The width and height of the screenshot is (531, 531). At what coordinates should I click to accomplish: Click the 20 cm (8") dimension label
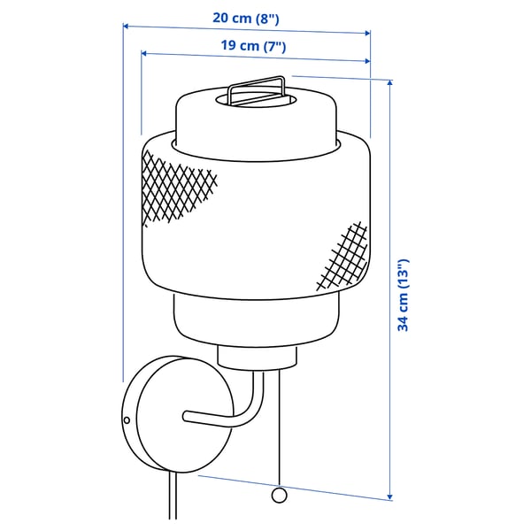click(x=246, y=18)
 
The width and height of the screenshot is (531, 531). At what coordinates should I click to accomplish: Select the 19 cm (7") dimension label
click(x=253, y=46)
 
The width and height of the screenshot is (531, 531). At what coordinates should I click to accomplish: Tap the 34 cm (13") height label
click(x=403, y=295)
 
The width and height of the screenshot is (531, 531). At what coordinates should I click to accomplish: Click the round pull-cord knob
click(x=279, y=495)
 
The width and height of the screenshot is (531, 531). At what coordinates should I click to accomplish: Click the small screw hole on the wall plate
click(x=127, y=420)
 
